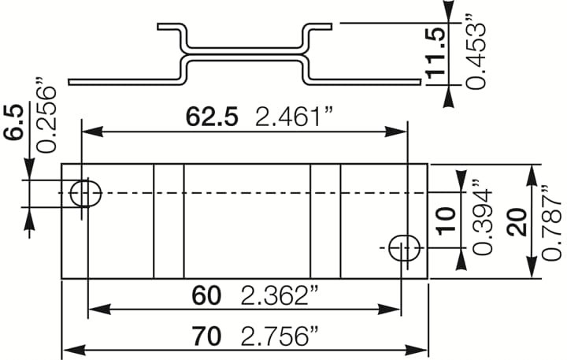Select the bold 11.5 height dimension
(x=437, y=51)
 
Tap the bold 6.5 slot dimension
(x=13, y=122)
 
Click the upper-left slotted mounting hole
(x=86, y=192)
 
